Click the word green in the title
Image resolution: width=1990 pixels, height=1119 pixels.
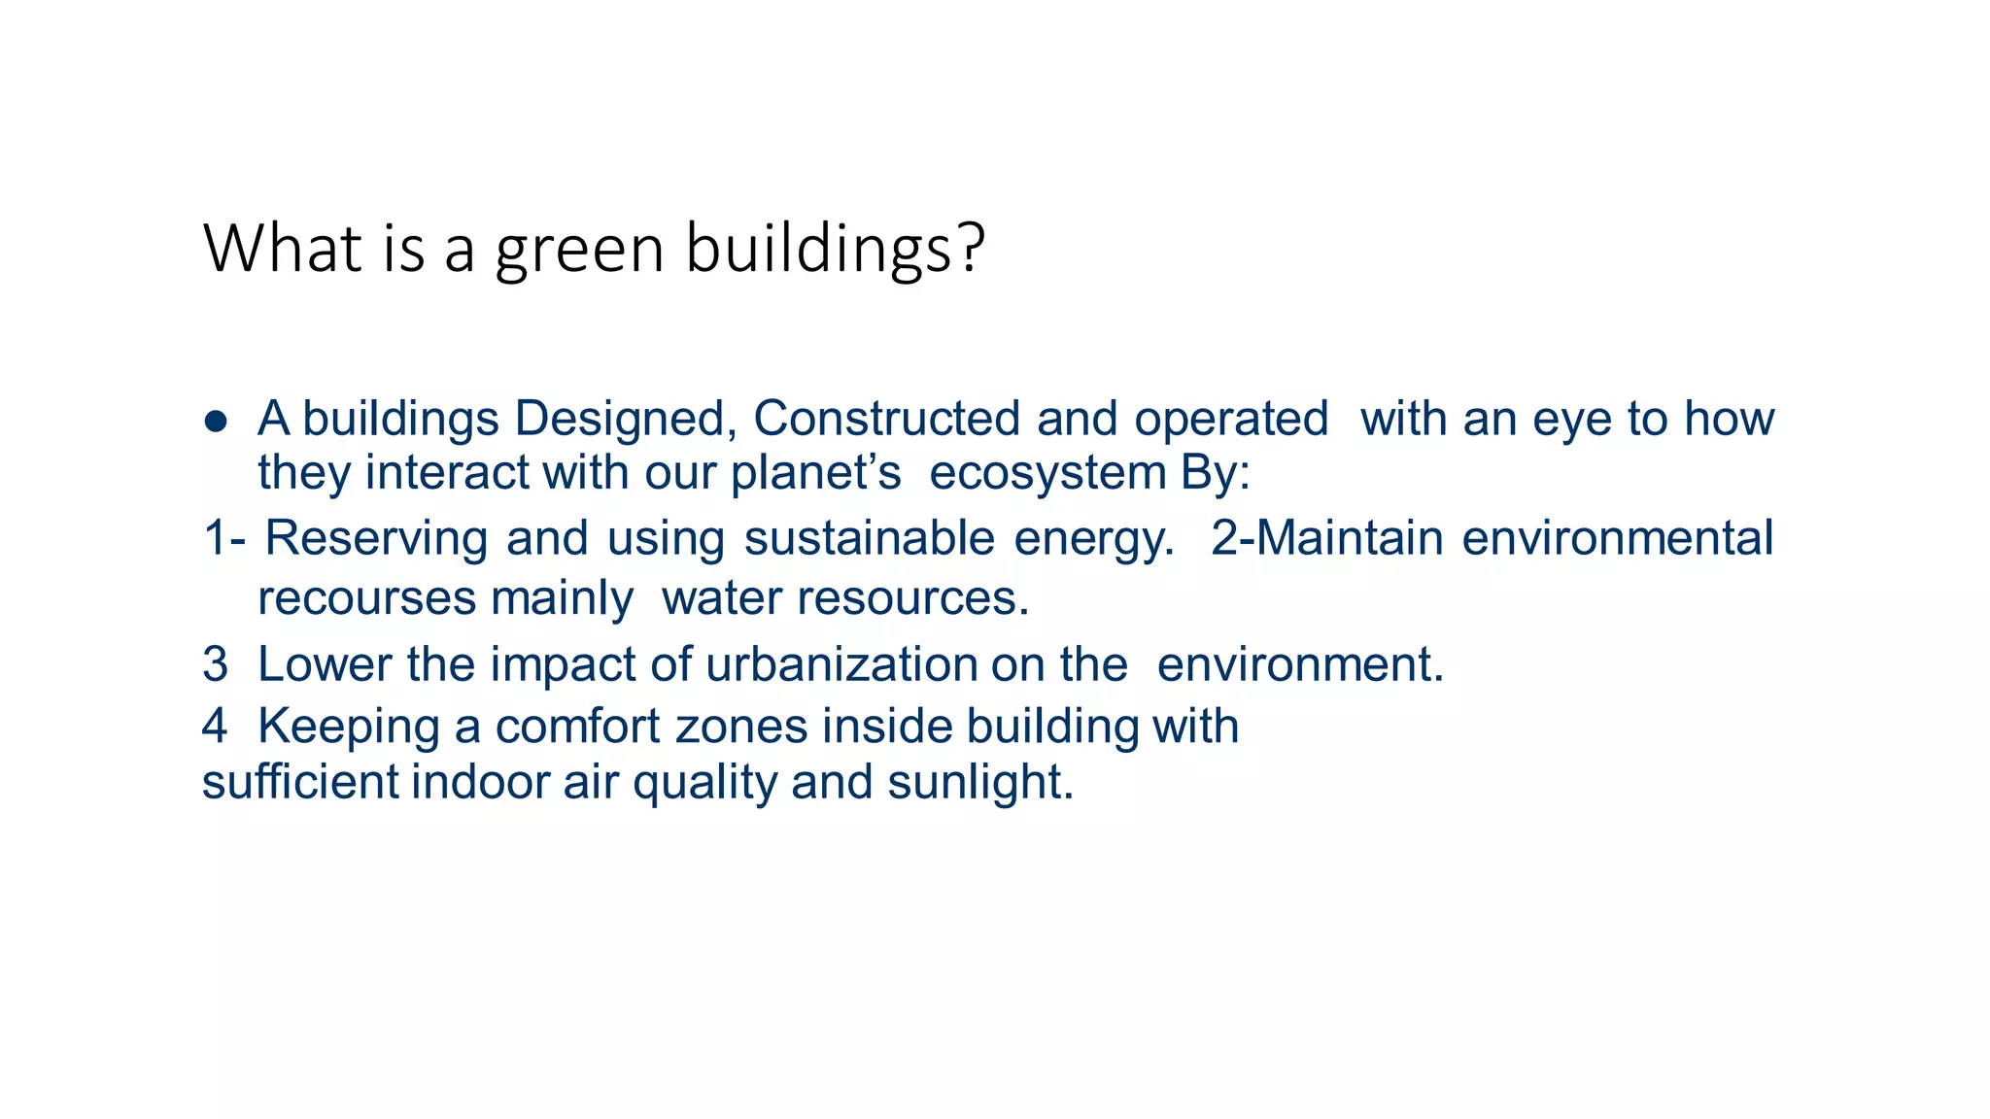(579, 250)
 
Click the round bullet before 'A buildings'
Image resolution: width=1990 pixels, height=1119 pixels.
(216, 422)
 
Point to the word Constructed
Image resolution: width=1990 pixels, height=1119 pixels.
(886, 420)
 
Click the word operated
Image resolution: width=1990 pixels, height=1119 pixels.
(1231, 420)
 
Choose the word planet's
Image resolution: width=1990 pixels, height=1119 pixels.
(815, 474)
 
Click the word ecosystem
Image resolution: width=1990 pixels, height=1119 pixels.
(1047, 474)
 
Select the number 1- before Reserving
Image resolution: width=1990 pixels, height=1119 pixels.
(224, 538)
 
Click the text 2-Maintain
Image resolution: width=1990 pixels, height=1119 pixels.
(1327, 538)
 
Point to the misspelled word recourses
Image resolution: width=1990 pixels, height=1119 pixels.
(365, 598)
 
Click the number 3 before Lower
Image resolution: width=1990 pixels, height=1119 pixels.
(215, 665)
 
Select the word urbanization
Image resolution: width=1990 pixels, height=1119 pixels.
(841, 665)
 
